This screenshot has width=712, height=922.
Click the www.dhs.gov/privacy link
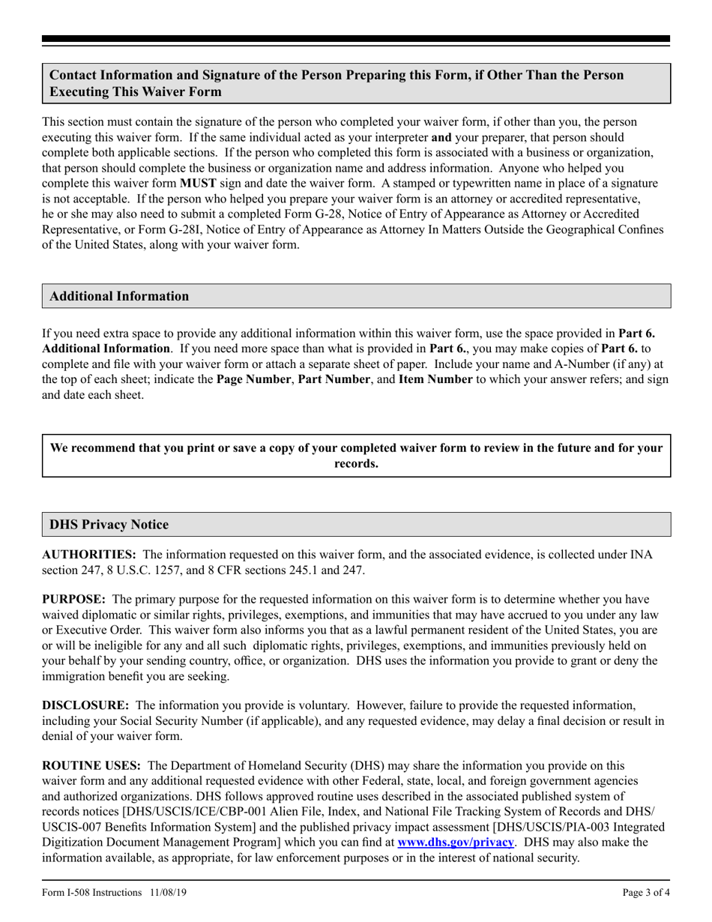(455, 843)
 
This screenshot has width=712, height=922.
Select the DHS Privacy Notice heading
(109, 525)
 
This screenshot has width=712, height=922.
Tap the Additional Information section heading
(119, 296)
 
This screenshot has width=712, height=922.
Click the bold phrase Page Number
(254, 379)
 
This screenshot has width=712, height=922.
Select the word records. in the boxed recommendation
(356, 464)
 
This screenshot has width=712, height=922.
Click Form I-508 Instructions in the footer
(91, 893)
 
